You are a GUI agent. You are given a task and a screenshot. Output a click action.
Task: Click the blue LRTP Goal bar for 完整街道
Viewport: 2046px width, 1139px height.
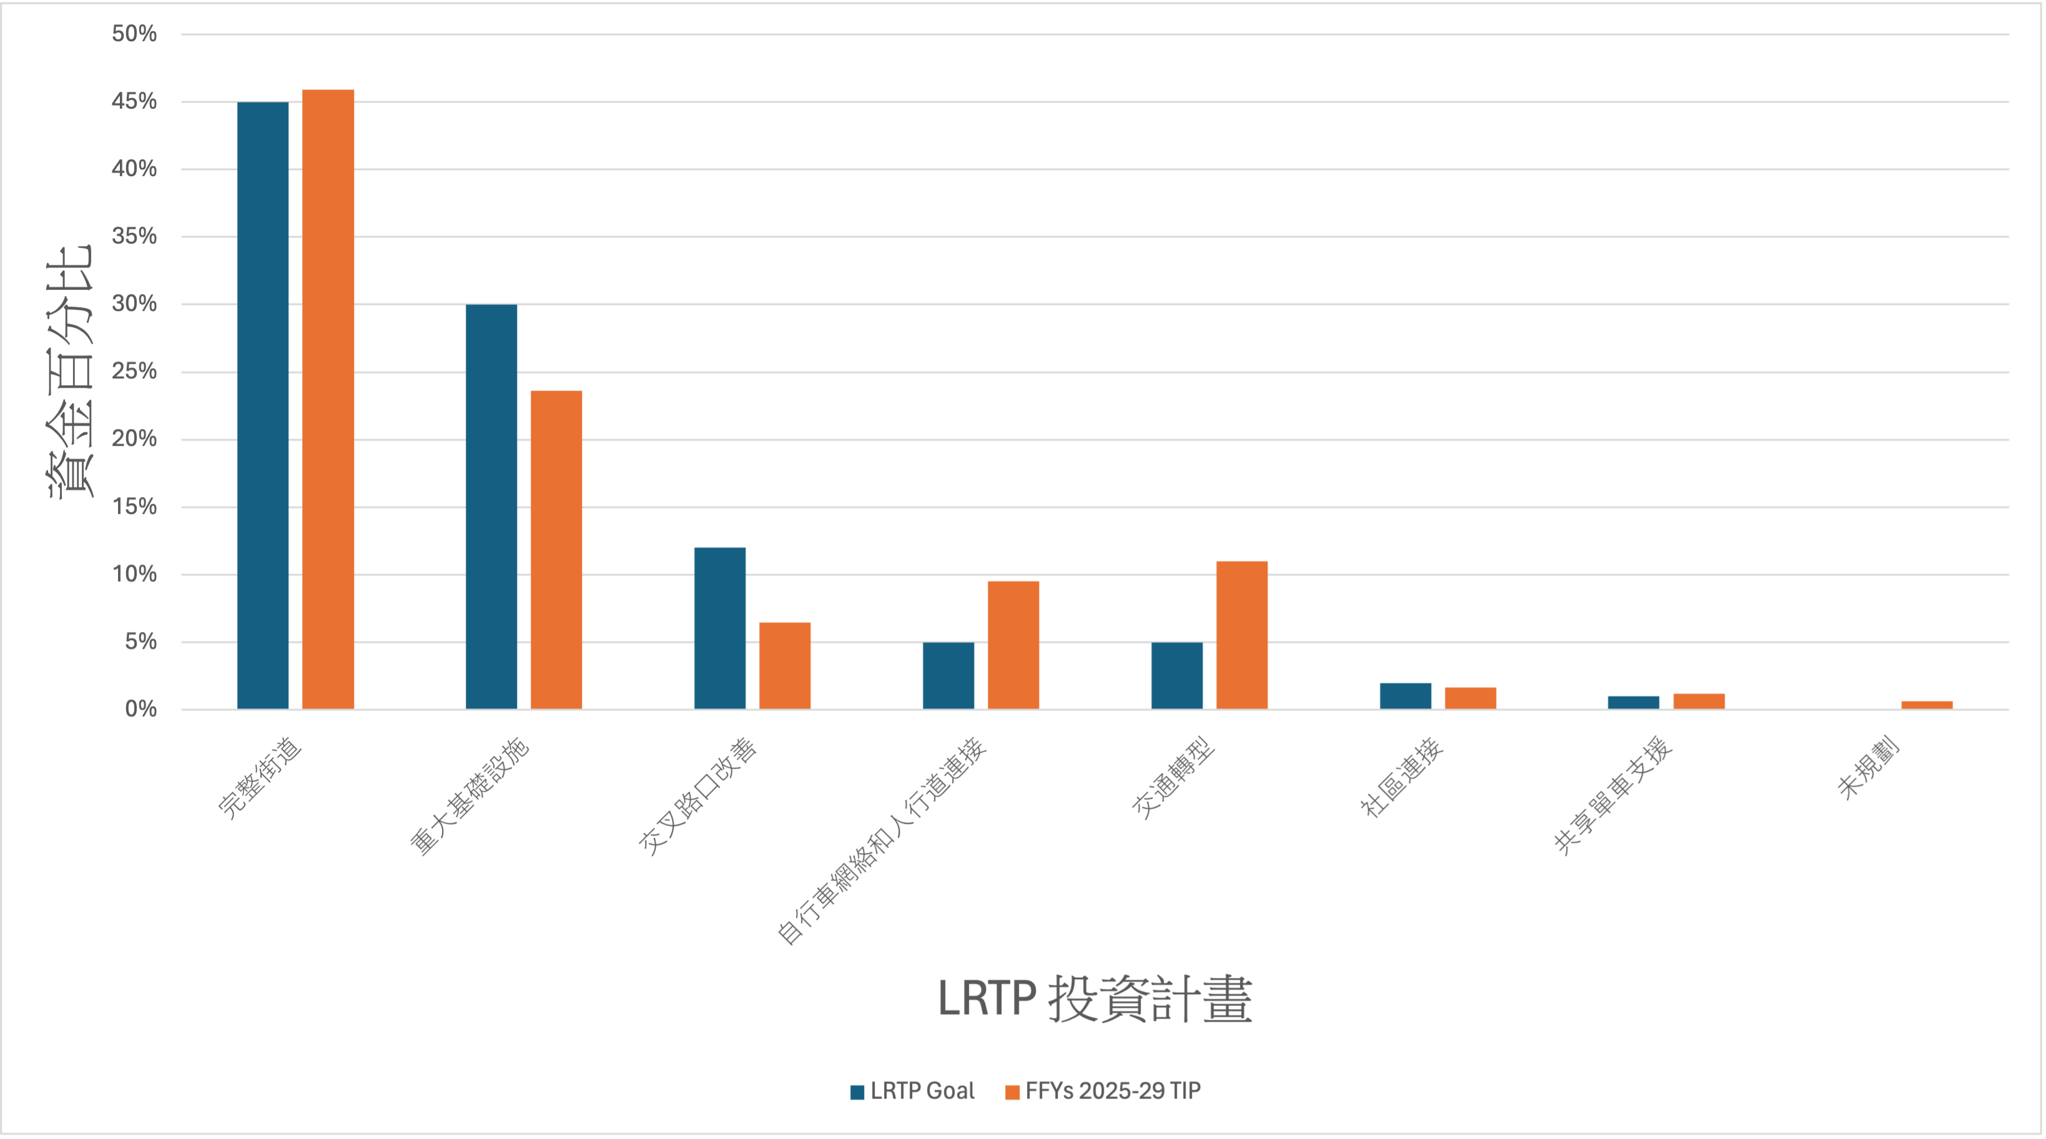[263, 405]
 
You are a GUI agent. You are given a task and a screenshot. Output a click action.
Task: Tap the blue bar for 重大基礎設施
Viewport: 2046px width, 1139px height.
[491, 506]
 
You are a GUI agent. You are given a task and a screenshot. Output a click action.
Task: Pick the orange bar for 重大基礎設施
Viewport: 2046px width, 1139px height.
[556, 550]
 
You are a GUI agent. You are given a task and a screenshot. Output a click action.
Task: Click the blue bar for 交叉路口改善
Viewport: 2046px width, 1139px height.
[720, 628]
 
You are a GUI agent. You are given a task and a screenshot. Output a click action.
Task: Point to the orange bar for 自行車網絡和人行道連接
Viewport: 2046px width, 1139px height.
[1013, 645]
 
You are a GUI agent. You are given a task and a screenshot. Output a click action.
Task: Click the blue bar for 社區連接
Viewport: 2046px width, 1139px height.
[1405, 696]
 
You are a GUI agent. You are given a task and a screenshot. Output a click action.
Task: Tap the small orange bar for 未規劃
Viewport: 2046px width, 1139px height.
[1927, 704]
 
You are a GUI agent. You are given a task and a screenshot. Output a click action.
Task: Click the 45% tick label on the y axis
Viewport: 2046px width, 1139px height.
[134, 101]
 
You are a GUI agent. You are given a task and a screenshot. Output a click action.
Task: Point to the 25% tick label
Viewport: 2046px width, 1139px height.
[134, 371]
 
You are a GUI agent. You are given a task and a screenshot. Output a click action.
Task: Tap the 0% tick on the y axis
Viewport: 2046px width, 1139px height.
[140, 709]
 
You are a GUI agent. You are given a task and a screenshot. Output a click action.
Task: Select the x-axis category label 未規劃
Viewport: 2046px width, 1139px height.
[1868, 768]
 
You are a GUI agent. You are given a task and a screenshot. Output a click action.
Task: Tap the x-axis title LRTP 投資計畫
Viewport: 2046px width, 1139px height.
[1094, 998]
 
